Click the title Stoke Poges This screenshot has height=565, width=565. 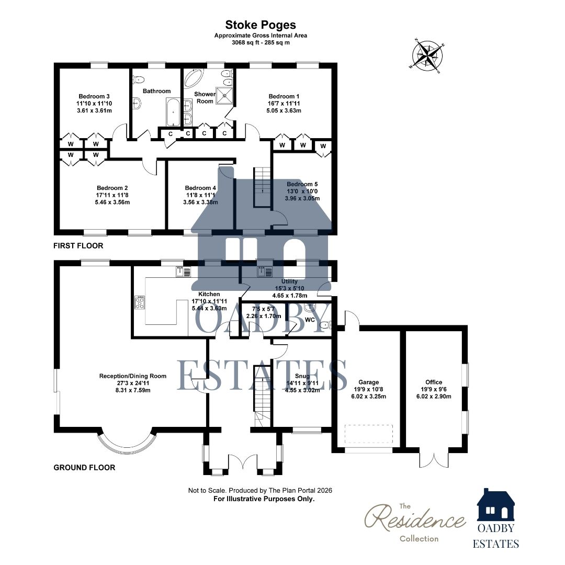(260, 25)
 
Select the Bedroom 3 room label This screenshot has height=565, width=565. (94, 96)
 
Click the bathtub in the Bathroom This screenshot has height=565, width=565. (173, 111)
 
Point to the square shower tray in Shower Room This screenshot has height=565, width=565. (226, 94)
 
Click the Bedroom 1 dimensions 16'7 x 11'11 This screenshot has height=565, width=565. (284, 104)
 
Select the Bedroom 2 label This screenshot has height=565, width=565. (112, 188)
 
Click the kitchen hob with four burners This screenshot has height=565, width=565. (140, 302)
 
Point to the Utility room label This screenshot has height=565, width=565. (289, 281)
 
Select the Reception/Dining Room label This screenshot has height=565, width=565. (133, 376)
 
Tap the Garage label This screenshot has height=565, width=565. (368, 382)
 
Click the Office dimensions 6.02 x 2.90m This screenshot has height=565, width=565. (434, 396)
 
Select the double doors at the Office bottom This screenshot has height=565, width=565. (434, 459)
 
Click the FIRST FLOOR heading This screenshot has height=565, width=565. (78, 245)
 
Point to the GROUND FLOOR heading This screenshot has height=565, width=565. (84, 467)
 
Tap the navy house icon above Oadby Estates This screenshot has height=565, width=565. (495, 504)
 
